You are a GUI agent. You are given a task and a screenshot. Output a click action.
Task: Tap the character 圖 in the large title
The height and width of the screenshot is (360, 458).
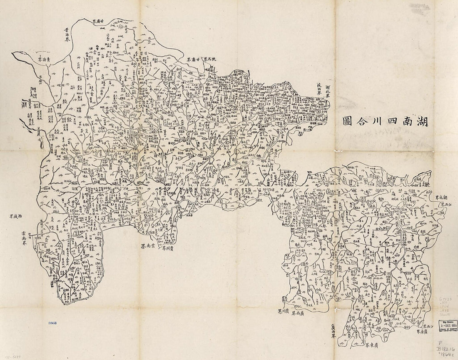[347, 122]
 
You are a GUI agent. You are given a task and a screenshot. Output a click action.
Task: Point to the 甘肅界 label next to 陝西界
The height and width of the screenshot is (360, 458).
[194, 60]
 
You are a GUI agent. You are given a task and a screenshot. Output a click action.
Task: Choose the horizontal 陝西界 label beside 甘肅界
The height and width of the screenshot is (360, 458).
[213, 60]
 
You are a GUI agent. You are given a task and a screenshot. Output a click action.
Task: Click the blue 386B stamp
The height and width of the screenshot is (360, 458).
[53, 322]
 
